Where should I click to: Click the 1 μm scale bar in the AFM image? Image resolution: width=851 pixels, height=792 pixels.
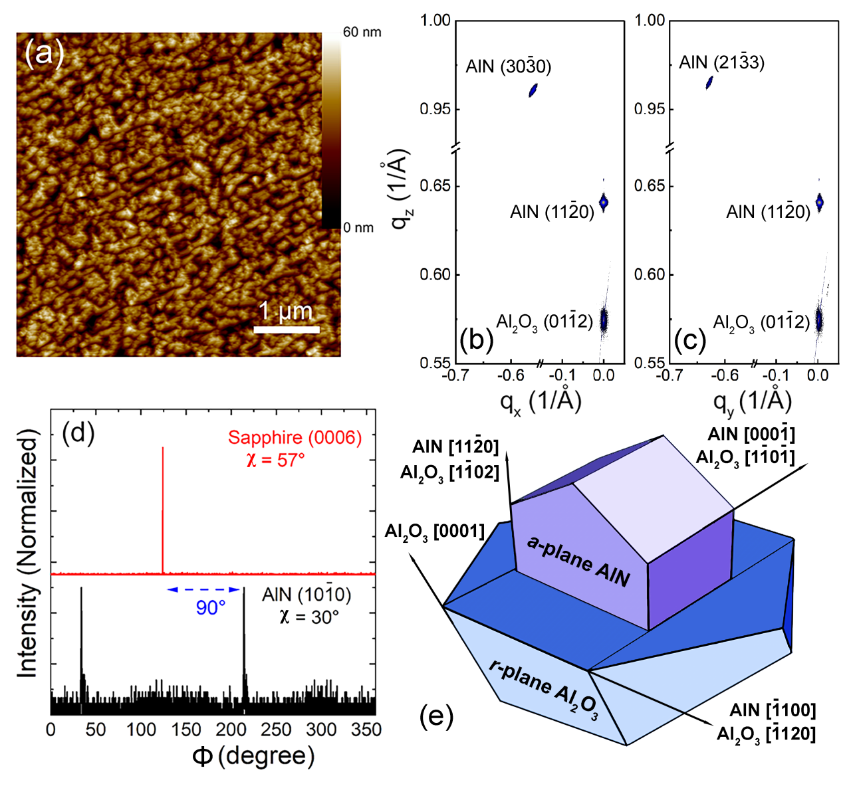click(287, 329)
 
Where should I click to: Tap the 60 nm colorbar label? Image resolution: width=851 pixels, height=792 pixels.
click(362, 32)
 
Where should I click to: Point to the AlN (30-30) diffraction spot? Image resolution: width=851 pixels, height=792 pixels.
click(533, 90)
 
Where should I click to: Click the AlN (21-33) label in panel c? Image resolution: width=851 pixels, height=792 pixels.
click(721, 62)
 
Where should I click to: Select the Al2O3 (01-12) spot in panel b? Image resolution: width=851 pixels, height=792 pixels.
click(604, 320)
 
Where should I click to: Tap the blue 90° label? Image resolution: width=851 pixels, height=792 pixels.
click(210, 607)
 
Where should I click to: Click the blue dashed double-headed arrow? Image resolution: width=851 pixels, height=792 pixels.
click(203, 589)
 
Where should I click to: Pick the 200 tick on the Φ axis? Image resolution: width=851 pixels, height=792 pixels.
click(231, 730)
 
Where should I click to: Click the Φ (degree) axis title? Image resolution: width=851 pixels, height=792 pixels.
click(253, 756)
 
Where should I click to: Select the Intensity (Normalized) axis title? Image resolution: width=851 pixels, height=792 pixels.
click(27, 553)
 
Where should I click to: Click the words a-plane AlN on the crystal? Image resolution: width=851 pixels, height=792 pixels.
click(578, 561)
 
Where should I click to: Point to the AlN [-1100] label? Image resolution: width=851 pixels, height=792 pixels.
click(773, 710)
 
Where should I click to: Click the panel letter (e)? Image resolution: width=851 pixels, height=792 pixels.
click(436, 717)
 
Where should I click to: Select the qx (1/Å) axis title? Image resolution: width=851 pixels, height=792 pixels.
click(541, 401)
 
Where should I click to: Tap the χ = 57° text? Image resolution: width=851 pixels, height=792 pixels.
click(275, 459)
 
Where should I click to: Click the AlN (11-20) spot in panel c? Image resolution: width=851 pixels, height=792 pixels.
click(820, 202)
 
